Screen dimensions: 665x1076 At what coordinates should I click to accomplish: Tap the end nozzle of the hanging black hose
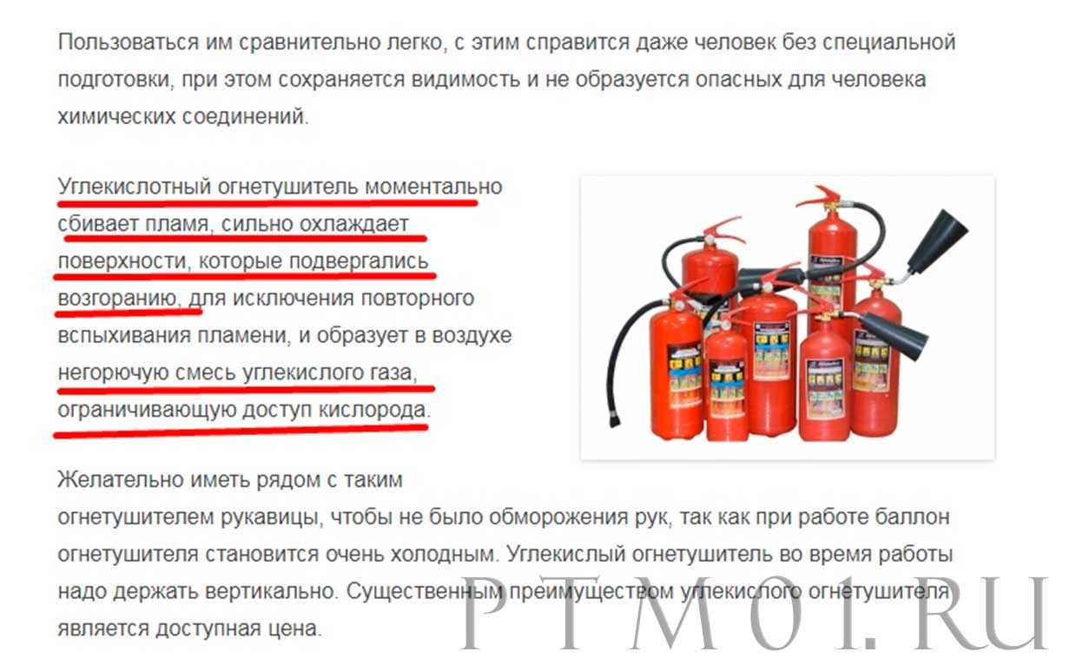pyautogui.click(x=614, y=418)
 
